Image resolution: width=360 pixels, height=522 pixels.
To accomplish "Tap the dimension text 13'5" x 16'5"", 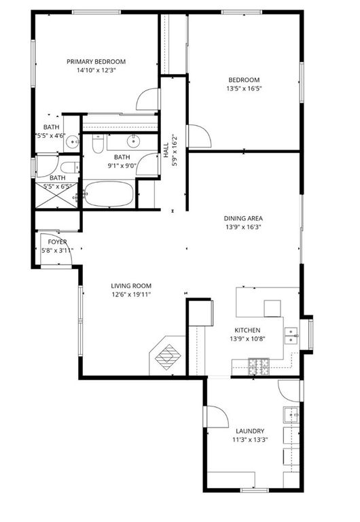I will [x=244, y=88].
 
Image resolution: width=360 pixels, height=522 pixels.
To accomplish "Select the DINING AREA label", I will [x=243, y=218].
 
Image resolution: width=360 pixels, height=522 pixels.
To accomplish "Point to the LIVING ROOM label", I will [x=131, y=285].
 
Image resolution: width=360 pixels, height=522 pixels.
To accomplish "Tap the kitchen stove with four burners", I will [x=259, y=367].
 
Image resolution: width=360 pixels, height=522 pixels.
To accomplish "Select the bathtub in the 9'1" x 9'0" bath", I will [x=110, y=194].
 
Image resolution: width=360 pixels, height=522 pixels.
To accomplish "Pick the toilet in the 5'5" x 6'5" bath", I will [x=68, y=167].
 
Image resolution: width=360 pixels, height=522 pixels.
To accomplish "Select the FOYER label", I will [x=57, y=241].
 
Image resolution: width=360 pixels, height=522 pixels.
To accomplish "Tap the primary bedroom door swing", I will [x=149, y=101].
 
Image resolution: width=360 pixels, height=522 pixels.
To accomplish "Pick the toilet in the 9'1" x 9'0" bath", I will [x=98, y=145].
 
